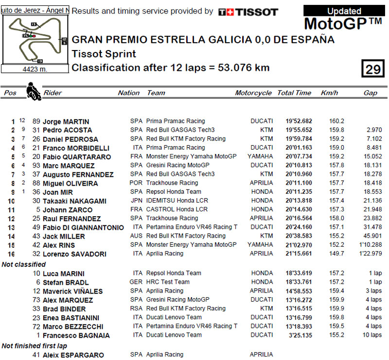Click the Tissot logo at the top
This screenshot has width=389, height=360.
[x=248, y=12]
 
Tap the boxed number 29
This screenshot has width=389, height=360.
[x=373, y=69]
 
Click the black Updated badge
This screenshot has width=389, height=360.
[x=344, y=11]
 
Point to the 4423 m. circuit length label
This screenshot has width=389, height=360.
[x=35, y=69]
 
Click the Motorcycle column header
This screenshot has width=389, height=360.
[x=253, y=93]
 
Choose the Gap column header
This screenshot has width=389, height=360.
[x=370, y=93]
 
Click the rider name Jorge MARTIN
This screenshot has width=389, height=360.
[x=66, y=121]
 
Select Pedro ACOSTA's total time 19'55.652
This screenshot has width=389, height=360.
[x=299, y=130]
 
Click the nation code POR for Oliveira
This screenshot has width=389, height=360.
[x=136, y=183]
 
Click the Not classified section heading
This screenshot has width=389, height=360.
[x=24, y=264]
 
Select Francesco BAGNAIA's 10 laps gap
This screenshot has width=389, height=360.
[x=373, y=335]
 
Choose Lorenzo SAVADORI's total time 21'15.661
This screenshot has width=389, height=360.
[x=299, y=254]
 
